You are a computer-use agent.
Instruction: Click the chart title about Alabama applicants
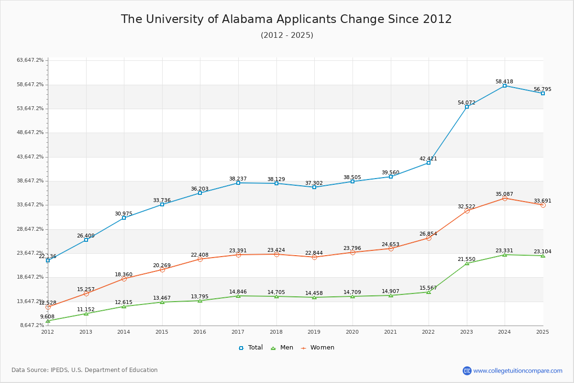pyautogui.click(x=287, y=19)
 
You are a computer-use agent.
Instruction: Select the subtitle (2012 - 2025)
pyautogui.click(x=287, y=35)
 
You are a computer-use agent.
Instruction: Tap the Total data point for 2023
pyautogui.click(x=467, y=107)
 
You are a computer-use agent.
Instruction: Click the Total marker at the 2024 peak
pyautogui.click(x=505, y=86)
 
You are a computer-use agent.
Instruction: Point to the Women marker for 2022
pyautogui.click(x=429, y=238)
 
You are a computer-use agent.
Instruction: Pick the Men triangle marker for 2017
pyautogui.click(x=238, y=296)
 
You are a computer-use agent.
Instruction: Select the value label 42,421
pyautogui.click(x=428, y=158)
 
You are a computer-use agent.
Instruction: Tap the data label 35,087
pyautogui.click(x=504, y=194)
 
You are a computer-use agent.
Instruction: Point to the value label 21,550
pyautogui.click(x=466, y=259)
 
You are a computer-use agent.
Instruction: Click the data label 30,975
pyautogui.click(x=123, y=214)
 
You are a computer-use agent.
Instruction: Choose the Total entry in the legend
pyautogui.click(x=251, y=348)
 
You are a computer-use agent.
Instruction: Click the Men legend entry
pyautogui.click(x=283, y=348)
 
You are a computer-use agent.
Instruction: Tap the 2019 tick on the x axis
pyautogui.click(x=314, y=332)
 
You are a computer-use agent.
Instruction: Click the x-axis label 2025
pyautogui.click(x=542, y=332)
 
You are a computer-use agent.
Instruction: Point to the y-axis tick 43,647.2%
pyautogui.click(x=30, y=157)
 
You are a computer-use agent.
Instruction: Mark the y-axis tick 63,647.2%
pyautogui.click(x=30, y=60)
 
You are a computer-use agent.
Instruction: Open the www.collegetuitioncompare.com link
pyautogui.click(x=518, y=371)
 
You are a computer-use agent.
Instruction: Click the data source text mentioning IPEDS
pyautogui.click(x=85, y=370)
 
